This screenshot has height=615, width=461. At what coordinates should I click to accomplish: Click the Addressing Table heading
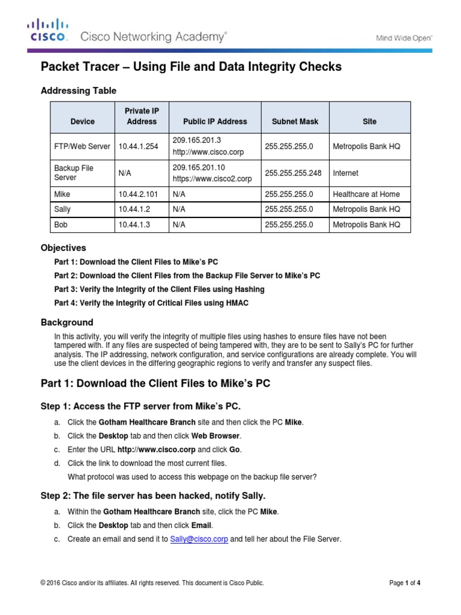tap(78, 91)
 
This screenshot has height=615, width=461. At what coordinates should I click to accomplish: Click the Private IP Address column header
tap(142, 117)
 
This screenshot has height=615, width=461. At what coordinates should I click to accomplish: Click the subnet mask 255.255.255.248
tap(293, 173)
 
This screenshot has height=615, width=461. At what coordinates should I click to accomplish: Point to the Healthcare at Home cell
tap(366, 194)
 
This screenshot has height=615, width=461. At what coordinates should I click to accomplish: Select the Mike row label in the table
tap(62, 194)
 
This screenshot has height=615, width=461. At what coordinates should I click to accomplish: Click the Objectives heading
tap(63, 247)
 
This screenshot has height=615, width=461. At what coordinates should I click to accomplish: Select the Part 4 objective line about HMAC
tap(151, 303)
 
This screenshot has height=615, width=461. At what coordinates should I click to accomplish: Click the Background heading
tap(67, 323)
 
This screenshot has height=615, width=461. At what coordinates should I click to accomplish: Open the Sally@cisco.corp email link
tap(199, 539)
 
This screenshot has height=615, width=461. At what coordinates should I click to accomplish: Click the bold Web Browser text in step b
tap(216, 436)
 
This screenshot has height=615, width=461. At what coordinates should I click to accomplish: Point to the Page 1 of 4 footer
tap(405, 583)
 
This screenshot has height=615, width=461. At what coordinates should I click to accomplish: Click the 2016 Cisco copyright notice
tap(152, 583)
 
